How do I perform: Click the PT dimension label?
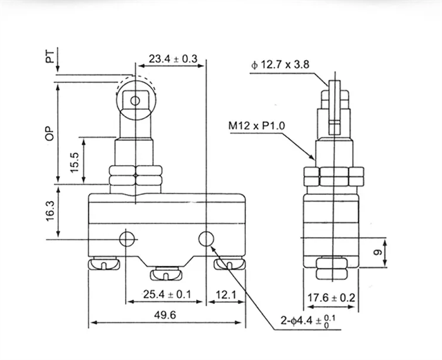click(50, 57)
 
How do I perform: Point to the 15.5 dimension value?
click(74, 162)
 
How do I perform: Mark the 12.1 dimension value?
click(226, 295)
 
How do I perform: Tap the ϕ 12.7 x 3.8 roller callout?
click(281, 66)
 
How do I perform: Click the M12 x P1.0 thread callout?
click(259, 126)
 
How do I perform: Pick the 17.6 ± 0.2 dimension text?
click(331, 299)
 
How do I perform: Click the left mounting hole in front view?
click(126, 239)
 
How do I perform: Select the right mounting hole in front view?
click(206, 239)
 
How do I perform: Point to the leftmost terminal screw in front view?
click(102, 263)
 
